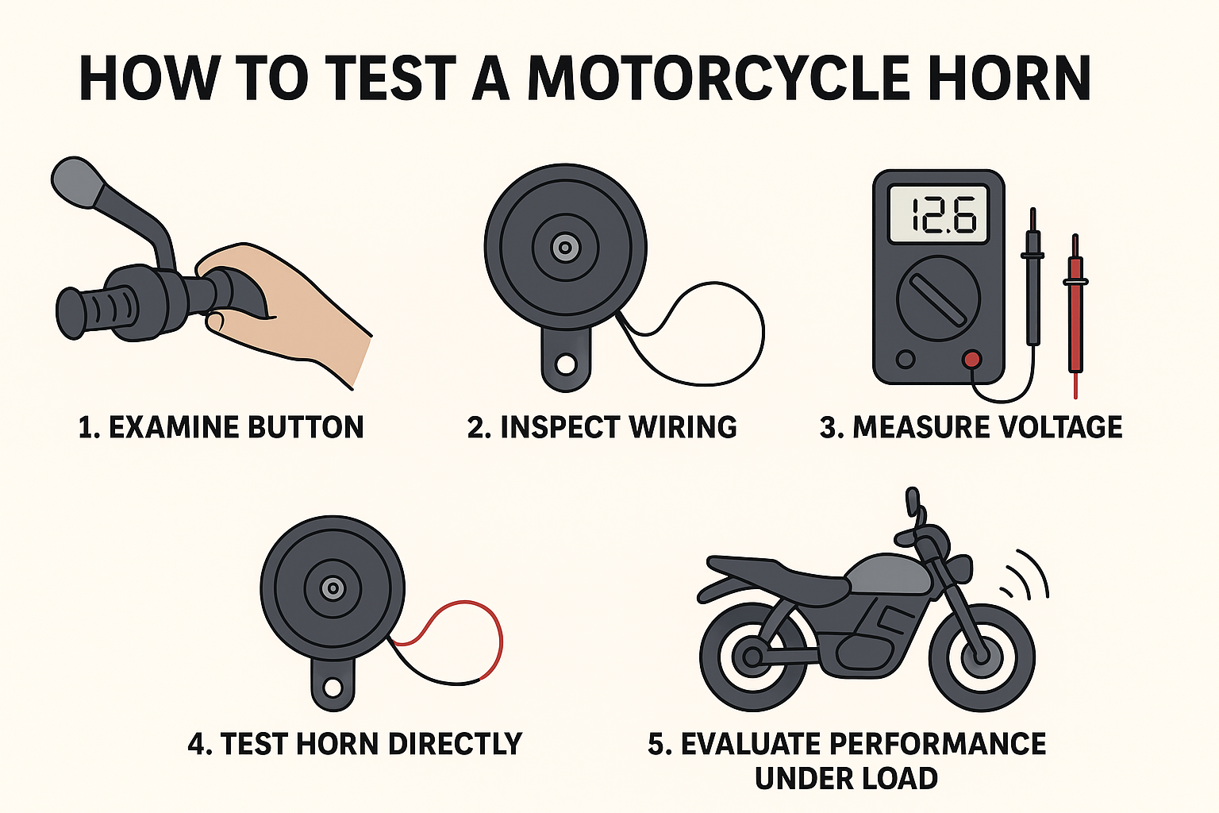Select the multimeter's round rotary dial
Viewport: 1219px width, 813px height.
938,299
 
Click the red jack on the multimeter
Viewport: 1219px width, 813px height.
972,360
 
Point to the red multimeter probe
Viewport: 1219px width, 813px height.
1075,316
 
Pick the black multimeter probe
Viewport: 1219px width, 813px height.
1032,278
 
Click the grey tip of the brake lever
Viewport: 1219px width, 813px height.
76,182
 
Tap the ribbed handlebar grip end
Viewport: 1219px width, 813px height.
95,312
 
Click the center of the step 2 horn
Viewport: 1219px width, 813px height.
565,248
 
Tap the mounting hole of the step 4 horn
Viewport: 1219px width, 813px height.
333,688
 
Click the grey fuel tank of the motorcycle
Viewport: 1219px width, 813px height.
888,575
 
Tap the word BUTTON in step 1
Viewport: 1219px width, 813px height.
306,427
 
